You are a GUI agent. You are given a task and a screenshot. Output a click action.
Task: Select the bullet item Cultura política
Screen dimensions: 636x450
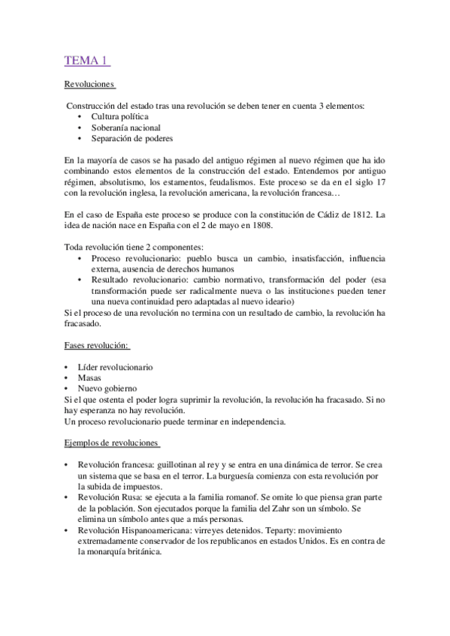[x=119, y=117]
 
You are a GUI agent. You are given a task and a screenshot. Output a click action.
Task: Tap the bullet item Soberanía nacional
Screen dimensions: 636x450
[x=125, y=127]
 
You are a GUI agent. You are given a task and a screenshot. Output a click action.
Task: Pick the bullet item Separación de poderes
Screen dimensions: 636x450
[x=132, y=139]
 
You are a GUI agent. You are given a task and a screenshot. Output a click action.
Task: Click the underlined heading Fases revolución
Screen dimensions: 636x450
[x=97, y=346]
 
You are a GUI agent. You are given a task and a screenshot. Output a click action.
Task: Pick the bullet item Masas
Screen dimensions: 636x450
[x=89, y=378]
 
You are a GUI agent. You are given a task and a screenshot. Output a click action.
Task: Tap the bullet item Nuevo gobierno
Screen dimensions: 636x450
[x=107, y=389]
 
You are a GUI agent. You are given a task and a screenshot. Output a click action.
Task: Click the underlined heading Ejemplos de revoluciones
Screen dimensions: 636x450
[x=111, y=443]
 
